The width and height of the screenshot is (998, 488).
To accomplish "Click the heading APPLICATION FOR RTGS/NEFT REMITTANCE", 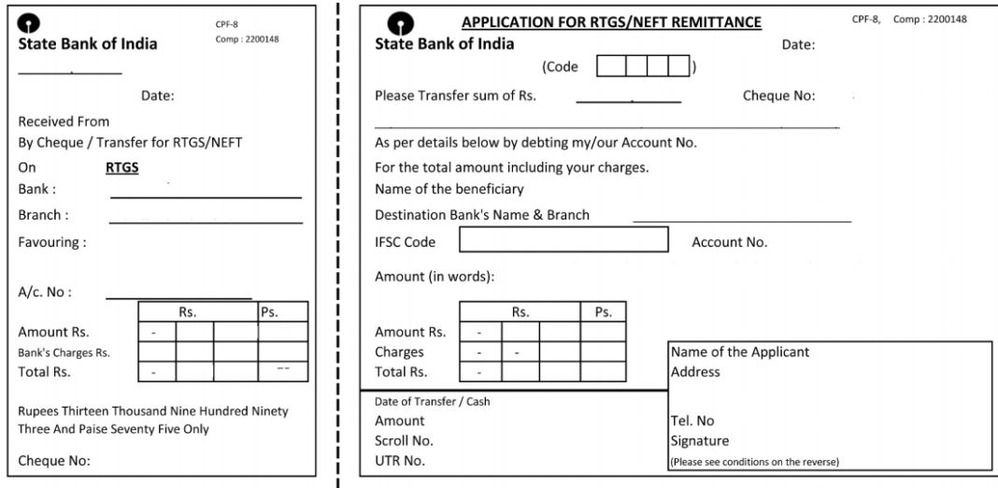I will [611, 22].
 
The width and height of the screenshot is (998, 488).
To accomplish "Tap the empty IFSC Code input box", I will [563, 239].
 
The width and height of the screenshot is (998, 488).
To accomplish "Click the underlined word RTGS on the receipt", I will [122, 168].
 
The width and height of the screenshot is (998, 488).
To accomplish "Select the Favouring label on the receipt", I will [52, 242].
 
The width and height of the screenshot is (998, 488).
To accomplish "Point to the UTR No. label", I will [400, 461].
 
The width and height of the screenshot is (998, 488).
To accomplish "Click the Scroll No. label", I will [404, 441].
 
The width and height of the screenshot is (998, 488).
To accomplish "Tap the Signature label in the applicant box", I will [699, 441].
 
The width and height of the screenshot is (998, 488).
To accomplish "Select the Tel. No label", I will [692, 421].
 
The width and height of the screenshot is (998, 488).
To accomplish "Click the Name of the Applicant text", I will [740, 352].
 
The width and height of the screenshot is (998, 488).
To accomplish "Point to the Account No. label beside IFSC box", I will [729, 242].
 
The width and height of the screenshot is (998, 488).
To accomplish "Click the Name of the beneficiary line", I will [449, 189].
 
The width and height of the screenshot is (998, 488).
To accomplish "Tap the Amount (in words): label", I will [435, 277].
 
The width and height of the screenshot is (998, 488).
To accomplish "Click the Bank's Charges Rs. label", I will [64, 352].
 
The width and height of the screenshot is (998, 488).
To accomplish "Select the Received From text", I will [64, 122].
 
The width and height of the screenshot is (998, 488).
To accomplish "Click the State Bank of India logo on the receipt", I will [30, 23].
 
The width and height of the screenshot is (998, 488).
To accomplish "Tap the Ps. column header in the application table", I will [603, 312].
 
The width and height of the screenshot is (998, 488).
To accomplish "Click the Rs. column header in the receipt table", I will [188, 312].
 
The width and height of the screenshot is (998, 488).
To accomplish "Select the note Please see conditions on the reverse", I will [755, 461].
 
